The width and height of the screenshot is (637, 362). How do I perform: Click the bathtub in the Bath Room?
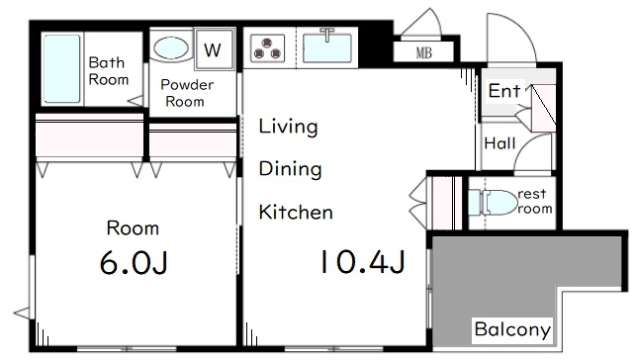61,68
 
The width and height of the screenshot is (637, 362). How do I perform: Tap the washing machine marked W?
214,49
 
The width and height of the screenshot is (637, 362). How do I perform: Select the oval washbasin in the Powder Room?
171,47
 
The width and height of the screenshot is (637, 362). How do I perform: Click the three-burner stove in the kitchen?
267,47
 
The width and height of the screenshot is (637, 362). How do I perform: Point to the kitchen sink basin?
327,47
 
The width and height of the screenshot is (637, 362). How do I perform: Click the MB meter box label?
423,52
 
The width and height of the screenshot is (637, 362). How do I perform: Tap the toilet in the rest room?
493,202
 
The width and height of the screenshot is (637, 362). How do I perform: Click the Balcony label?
512,329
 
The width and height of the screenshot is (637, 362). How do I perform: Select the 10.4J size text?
363,262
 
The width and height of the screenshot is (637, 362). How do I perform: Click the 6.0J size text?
134,262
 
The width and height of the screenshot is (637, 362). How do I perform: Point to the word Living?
289,127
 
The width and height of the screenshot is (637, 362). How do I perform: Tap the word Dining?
290,169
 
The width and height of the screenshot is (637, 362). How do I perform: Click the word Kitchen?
296,212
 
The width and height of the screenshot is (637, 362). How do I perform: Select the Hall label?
500,143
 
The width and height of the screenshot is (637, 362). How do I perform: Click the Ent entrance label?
504,91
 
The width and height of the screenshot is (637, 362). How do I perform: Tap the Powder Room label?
186,93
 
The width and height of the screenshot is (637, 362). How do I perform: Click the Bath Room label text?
108,71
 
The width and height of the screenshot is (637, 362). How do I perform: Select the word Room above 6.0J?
133,228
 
